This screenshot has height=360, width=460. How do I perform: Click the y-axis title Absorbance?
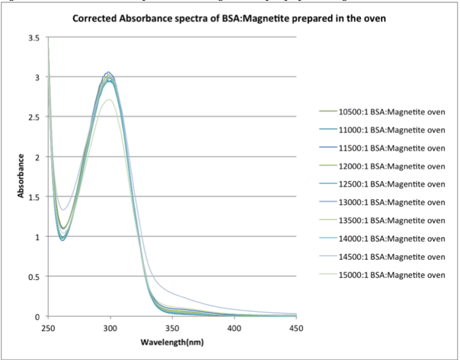21,177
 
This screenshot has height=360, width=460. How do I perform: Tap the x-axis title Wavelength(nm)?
172,342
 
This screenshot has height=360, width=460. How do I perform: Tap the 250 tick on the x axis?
48,327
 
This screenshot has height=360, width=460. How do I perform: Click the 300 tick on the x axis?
110,327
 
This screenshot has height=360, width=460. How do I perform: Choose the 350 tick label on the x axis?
172,327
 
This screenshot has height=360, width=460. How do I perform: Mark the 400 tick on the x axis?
234,327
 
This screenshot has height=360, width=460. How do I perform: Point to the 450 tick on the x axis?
296,327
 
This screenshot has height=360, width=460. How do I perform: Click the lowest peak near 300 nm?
109,100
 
